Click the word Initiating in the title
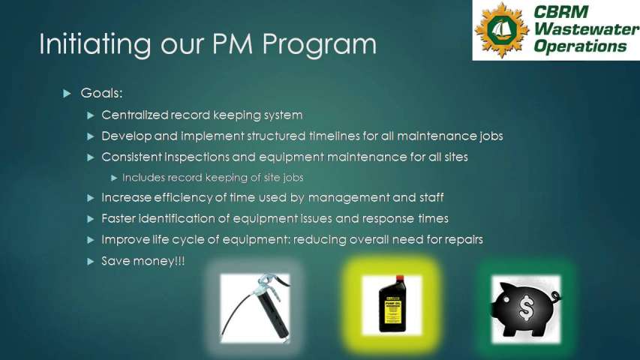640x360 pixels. pos(95,44)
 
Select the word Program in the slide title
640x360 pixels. pos(319,44)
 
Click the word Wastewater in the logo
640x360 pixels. pos(587,29)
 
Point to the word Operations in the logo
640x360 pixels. pos(580,46)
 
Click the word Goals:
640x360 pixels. pos(101,93)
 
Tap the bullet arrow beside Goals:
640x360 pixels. pos(67,94)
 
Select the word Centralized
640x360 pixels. pos(135,115)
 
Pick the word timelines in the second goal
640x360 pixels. pos(335,136)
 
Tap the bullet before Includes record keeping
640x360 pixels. pos(114,178)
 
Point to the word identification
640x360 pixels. pos(184,218)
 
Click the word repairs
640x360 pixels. pos(464,239)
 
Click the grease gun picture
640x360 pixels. pos(255,308)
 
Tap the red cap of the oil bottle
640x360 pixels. pos(400,279)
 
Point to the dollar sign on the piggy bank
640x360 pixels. pos(527,307)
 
